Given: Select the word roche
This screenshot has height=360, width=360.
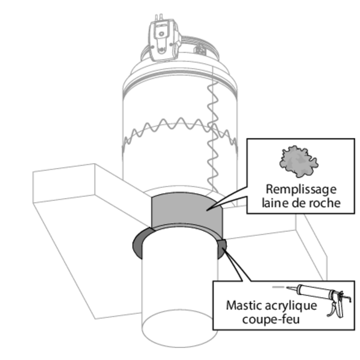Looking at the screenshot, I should click(x=325, y=203).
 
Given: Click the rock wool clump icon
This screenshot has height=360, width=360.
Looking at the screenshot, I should click(x=298, y=160).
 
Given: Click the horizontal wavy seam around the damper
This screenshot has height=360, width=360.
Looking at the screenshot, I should click(x=162, y=129).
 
